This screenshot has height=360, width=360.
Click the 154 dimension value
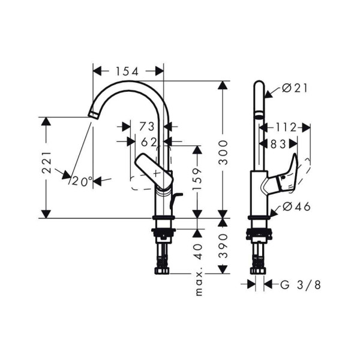tap(127, 71)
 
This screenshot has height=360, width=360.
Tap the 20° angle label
tap(81, 179)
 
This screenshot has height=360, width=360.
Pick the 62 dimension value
tap(149, 142)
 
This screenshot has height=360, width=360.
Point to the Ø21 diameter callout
tap(294, 88)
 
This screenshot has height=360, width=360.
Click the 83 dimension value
tap(278, 143)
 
